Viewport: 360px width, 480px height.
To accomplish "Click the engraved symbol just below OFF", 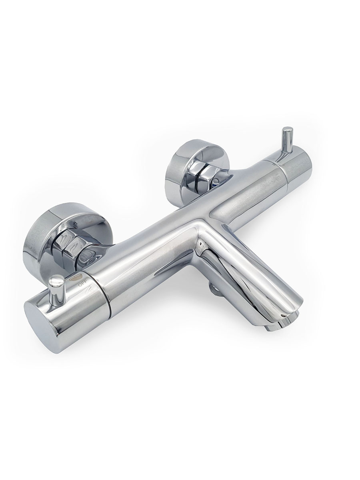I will click(x=91, y=289).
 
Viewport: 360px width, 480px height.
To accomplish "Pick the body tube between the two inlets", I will click(x=160, y=232).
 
